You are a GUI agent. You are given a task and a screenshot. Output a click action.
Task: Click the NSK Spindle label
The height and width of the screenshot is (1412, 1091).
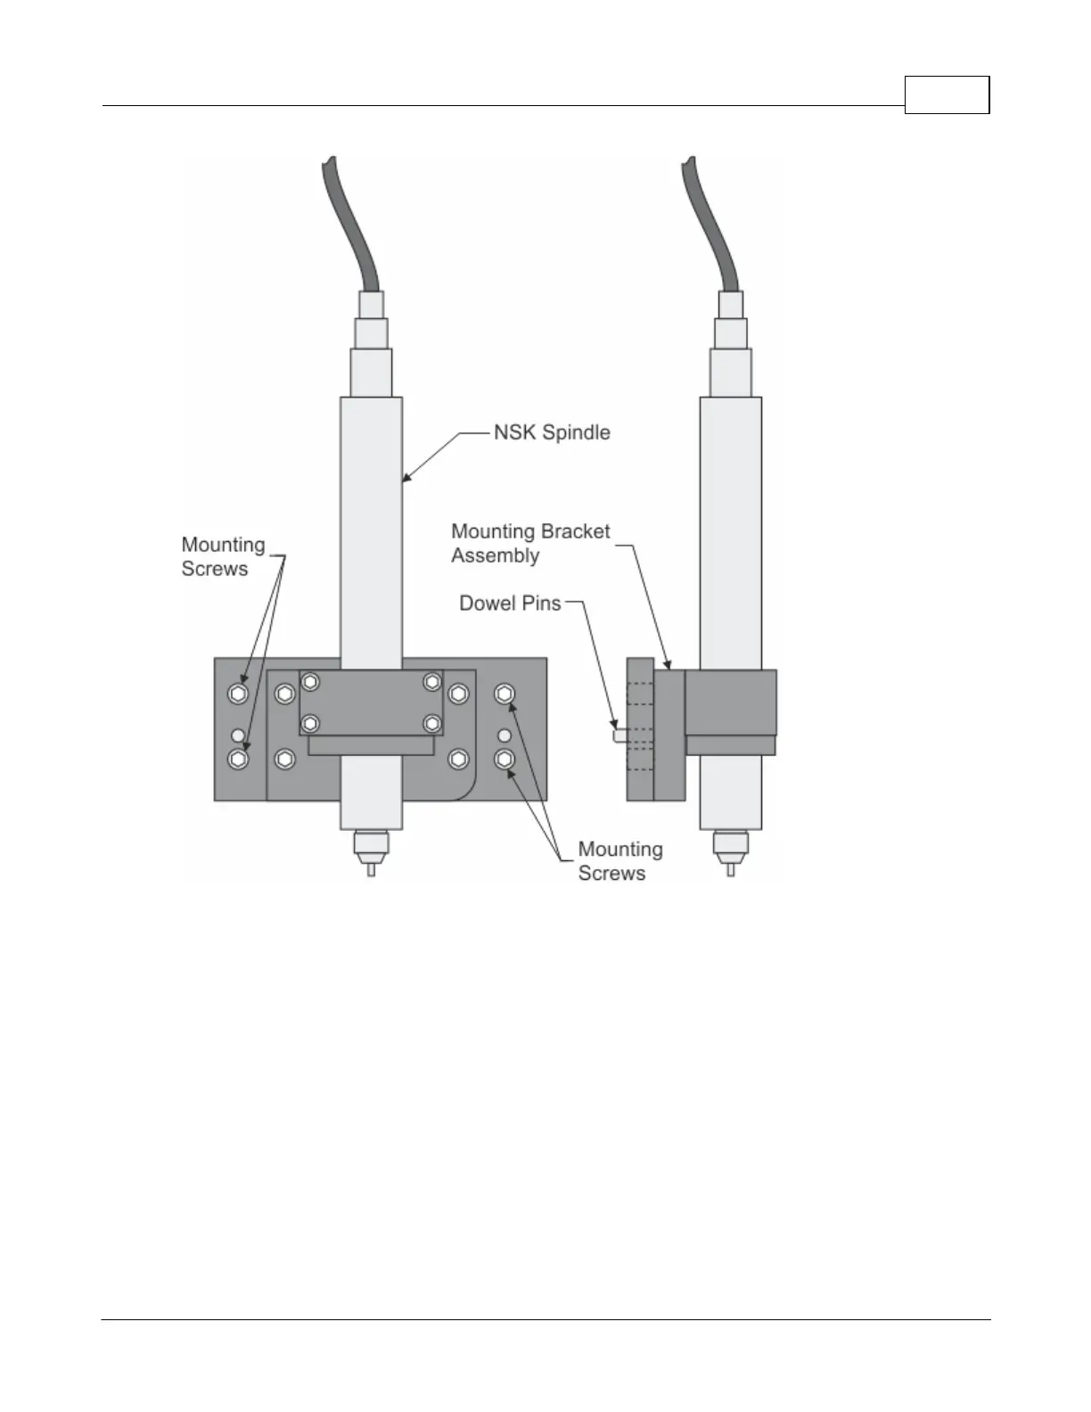[x=552, y=433]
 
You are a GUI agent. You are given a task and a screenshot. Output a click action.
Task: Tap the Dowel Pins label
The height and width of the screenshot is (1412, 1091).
[x=510, y=603]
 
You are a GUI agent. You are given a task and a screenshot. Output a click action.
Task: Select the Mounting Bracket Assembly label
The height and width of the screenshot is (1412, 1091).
[x=529, y=543]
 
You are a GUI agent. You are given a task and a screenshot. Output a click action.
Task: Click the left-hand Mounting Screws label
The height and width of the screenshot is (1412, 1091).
[x=223, y=556]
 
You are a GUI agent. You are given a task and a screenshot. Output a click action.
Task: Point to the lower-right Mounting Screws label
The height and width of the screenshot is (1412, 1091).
[x=619, y=861]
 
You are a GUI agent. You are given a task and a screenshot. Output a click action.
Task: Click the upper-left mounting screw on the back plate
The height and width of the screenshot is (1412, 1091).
[x=238, y=694]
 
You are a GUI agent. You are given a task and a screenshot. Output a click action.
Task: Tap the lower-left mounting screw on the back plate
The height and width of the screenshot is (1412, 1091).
[x=238, y=759]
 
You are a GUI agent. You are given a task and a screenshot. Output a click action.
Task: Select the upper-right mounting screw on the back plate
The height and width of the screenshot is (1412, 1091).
[x=505, y=694]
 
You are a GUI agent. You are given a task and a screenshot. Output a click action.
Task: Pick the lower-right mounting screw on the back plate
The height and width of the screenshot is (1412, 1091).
[x=505, y=759]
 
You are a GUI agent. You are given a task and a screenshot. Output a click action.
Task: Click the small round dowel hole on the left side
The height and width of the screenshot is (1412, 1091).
[x=238, y=735]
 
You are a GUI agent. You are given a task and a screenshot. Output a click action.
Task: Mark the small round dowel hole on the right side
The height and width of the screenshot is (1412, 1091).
[x=505, y=735]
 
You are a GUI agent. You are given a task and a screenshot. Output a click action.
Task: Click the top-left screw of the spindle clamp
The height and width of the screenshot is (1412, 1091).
[x=310, y=683]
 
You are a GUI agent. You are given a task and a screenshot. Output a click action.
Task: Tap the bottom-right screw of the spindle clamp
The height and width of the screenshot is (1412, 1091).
[x=432, y=723]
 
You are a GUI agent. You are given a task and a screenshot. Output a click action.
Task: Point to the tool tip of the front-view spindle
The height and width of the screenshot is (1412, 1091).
[x=372, y=868]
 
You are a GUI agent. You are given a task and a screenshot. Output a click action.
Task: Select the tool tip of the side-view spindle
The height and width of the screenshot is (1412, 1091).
[x=731, y=868]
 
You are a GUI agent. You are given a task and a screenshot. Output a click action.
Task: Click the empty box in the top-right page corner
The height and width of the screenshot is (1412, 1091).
[x=947, y=95]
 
